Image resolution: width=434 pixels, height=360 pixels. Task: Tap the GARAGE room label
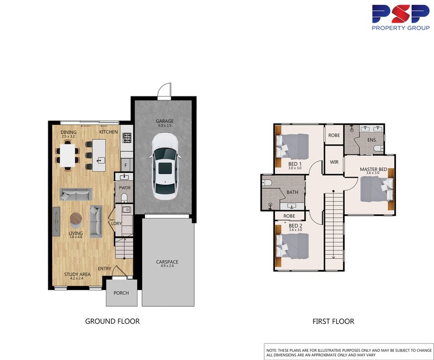pos(164,122)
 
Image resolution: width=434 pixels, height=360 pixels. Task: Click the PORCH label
pos(121,293)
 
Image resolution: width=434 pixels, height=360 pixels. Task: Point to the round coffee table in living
pos(77,219)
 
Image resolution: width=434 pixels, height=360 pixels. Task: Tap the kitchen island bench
pos(98,151)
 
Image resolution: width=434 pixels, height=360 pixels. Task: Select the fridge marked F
pos(125,164)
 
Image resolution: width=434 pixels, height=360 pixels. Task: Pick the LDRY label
pos(116,223)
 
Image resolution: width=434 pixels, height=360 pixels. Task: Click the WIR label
pos(334,160)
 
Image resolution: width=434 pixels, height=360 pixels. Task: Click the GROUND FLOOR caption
pos(112,322)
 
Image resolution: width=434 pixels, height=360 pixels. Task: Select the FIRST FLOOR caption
pos(333,322)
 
